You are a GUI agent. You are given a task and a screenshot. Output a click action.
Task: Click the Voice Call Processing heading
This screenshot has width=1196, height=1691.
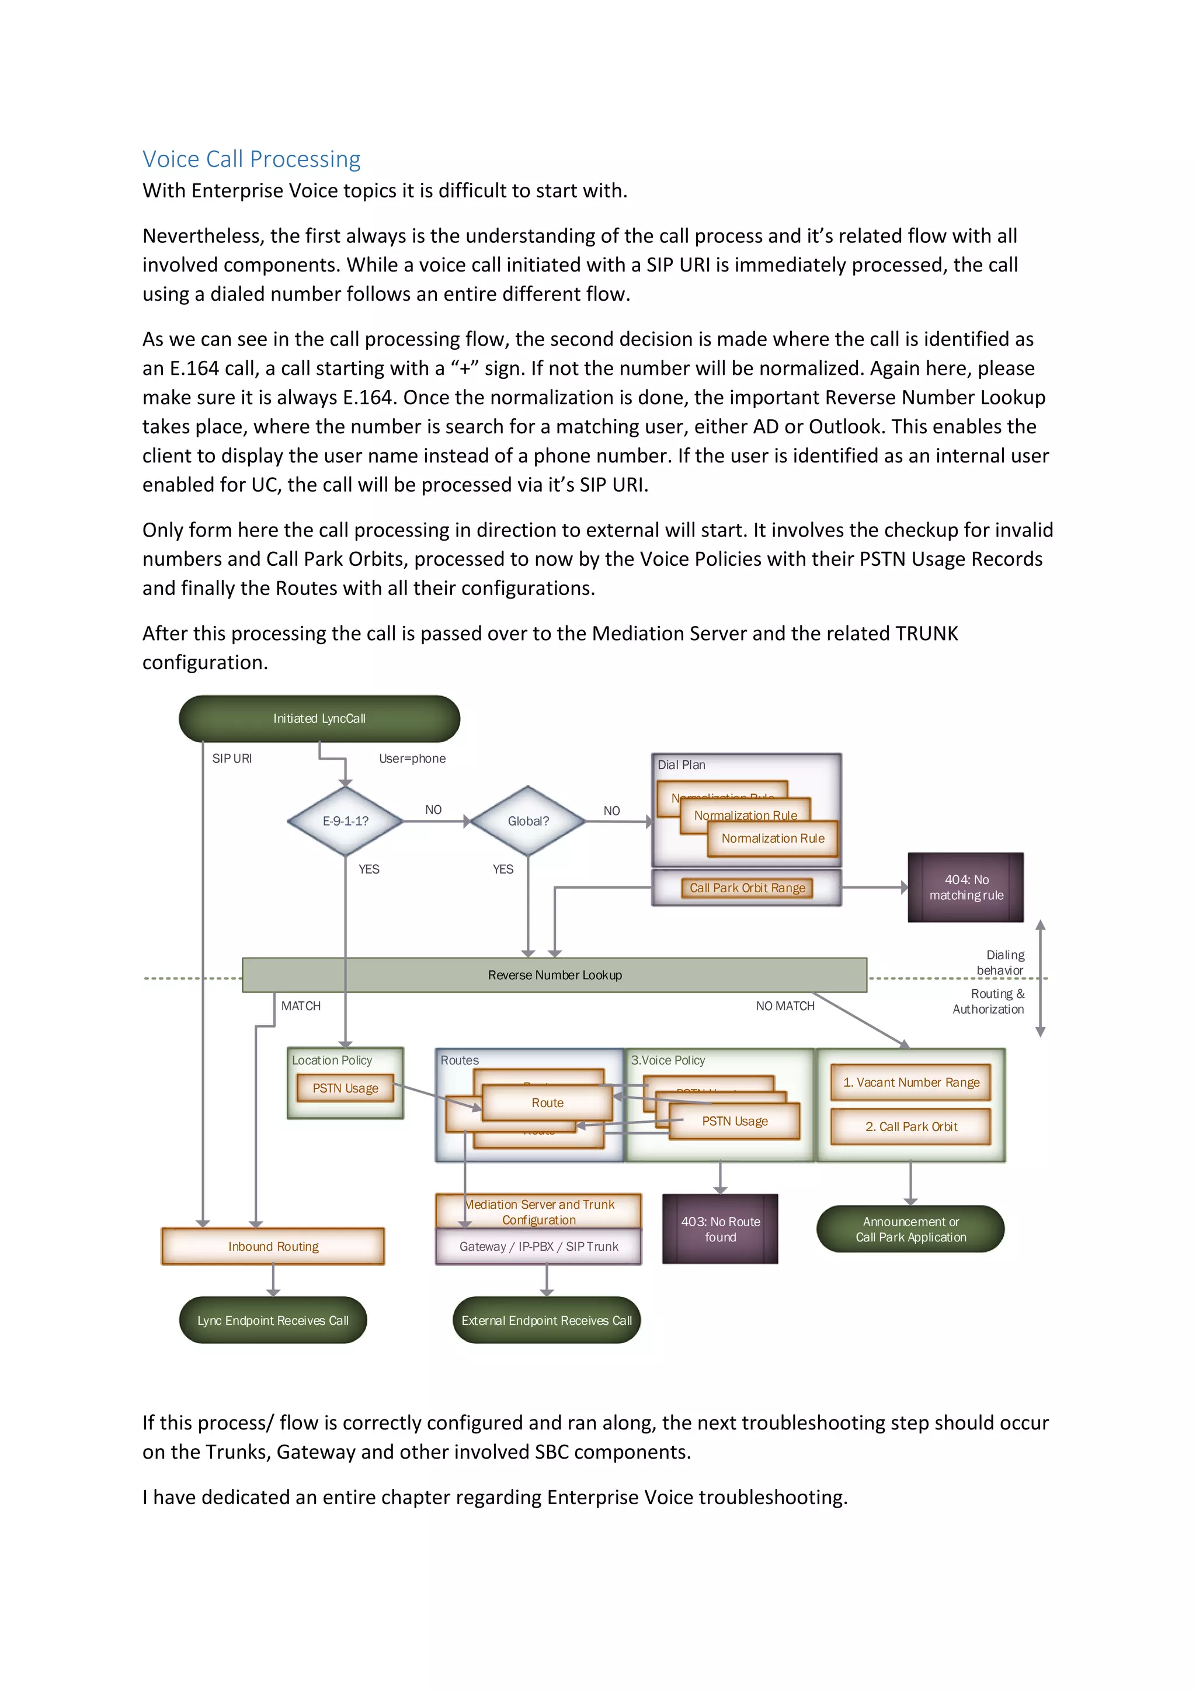pyautogui.click(x=251, y=159)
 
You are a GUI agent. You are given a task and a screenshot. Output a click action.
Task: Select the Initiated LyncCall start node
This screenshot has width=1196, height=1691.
pyautogui.click(x=319, y=718)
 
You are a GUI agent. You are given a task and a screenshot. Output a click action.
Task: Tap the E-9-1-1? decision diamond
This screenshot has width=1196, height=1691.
pyautogui.click(x=345, y=821)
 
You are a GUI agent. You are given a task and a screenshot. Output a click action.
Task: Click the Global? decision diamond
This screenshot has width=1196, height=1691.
pyautogui.click(x=528, y=821)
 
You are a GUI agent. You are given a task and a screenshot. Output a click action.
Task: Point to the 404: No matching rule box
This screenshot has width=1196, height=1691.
pyautogui.click(x=965, y=888)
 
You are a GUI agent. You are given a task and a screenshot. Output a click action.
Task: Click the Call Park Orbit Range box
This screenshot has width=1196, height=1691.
pyautogui.click(x=747, y=888)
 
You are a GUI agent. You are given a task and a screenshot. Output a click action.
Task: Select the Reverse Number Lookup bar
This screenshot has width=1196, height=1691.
pyautogui.click(x=555, y=975)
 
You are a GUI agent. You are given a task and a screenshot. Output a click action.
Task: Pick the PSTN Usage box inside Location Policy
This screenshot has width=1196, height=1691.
pyautogui.click(x=345, y=1088)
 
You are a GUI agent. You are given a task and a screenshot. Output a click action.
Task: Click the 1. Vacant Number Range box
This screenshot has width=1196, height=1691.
pyautogui.click(x=911, y=1083)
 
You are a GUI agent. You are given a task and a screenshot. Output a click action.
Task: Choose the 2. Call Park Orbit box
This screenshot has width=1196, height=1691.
pyautogui.click(x=911, y=1127)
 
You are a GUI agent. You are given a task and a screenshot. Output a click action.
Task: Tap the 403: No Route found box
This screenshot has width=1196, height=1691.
pyautogui.click(x=720, y=1229)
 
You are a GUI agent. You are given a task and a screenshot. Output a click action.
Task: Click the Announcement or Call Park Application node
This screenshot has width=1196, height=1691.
pyautogui.click(x=910, y=1229)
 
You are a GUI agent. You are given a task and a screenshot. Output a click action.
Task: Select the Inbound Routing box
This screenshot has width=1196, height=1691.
pyautogui.click(x=273, y=1246)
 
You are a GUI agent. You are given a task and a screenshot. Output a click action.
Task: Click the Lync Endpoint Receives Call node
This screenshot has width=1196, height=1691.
pyautogui.click(x=273, y=1321)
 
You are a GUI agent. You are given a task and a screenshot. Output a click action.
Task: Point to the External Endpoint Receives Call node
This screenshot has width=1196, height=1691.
pyautogui.click(x=547, y=1321)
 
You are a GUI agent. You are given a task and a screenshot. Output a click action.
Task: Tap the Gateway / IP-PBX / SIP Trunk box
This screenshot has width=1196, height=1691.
pyautogui.click(x=538, y=1247)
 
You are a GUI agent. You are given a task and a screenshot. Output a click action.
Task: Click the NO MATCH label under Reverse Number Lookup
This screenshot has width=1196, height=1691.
pyautogui.click(x=785, y=1006)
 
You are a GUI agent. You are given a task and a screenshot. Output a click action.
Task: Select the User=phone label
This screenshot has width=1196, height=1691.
pyautogui.click(x=412, y=758)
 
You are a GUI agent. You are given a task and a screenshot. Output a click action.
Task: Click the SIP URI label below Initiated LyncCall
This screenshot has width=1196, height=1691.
pyautogui.click(x=232, y=758)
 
